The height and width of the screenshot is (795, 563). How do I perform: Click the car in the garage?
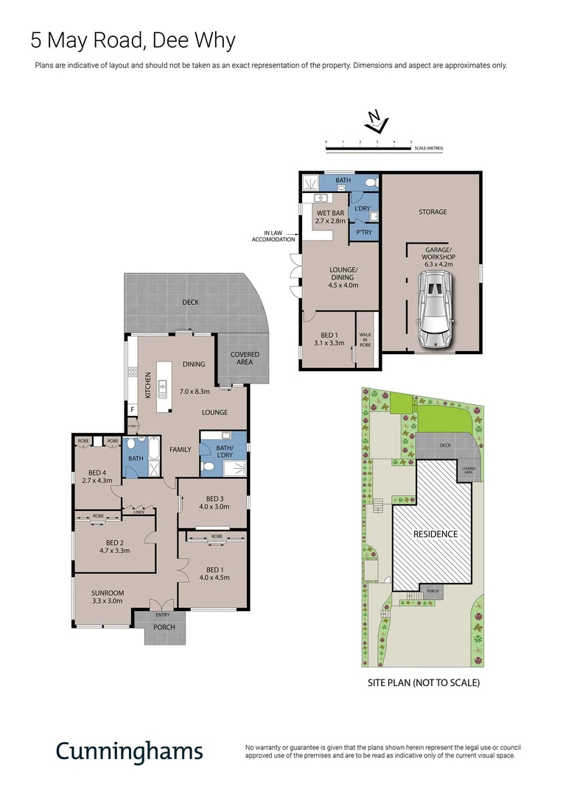[x=433, y=309]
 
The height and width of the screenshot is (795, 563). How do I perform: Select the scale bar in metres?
[x=368, y=148]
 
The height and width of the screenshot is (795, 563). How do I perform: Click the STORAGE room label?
[x=433, y=212]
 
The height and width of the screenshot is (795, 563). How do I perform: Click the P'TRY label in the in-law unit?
[x=365, y=233]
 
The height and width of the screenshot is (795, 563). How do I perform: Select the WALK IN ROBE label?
[x=365, y=339]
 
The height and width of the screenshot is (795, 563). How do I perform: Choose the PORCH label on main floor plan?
[x=164, y=628]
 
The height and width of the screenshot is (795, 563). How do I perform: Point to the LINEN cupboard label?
[x=138, y=511]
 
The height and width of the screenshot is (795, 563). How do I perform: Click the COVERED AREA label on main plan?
[x=245, y=358]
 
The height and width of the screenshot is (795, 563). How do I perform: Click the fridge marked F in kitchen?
[x=133, y=410]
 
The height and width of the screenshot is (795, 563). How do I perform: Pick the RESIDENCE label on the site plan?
[x=435, y=534]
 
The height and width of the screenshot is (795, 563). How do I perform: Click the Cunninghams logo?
[x=129, y=751]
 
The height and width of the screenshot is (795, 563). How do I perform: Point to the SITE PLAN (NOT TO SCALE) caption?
[x=424, y=683]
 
